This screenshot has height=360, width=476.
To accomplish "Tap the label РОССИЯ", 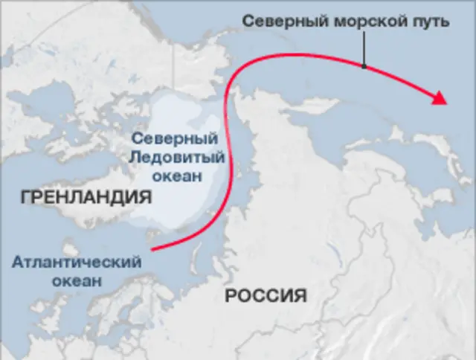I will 266,296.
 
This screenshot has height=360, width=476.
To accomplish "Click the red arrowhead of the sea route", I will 440,98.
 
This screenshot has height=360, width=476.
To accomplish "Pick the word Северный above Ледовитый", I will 174,138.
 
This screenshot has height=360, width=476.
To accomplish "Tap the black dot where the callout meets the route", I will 364,65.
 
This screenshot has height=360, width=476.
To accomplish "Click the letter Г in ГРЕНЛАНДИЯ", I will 26,198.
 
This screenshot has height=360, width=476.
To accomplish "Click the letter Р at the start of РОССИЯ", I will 230,296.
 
